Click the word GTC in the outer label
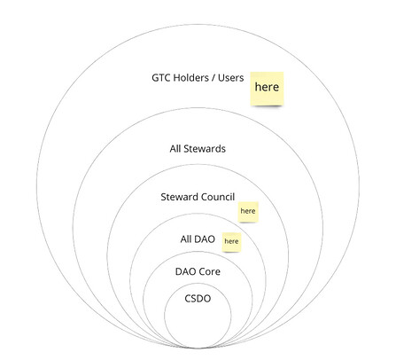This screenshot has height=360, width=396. pos(160,78)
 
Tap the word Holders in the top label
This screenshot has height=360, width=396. pos(190,78)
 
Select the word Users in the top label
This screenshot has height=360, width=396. pos(231,78)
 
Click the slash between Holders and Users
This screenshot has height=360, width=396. pos(214,78)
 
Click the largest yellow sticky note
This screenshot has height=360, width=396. pos(267,89)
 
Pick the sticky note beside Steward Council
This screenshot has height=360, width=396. pos(248,212)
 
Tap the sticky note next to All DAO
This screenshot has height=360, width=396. pos(231,242)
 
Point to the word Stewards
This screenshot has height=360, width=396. pos(205,148)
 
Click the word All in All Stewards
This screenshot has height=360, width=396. pos(175,148)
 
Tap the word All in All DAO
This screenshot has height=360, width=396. pos(186,239)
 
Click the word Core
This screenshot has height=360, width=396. pos(209,271)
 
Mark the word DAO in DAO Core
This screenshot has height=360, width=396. pos(185,271)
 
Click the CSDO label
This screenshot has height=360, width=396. pos(198,299)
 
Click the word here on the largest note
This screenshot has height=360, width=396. pos(267,87)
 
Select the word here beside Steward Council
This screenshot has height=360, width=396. pos(248,211)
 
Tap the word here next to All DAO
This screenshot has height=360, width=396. pos(231,241)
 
